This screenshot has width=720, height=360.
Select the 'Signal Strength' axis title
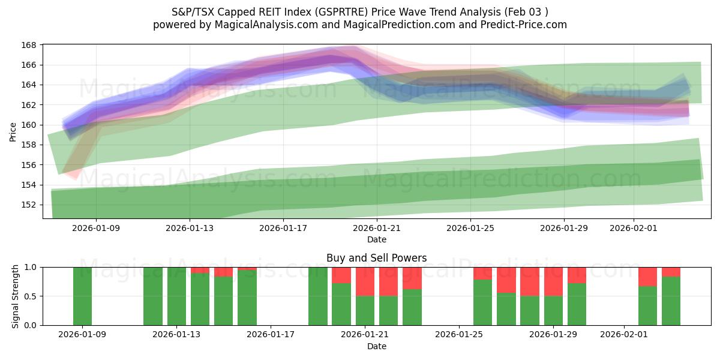16,296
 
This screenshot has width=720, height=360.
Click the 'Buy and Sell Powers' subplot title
376,258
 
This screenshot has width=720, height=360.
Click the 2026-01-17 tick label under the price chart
283,228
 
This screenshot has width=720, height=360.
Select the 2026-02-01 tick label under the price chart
634,228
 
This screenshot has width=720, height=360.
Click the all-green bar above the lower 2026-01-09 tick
82,296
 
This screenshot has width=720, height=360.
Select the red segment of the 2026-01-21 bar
365,281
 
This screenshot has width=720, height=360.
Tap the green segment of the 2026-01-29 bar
553,311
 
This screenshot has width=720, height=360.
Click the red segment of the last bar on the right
671,272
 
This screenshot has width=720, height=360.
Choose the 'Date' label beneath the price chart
376,240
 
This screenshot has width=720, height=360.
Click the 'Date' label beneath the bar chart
376,346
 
